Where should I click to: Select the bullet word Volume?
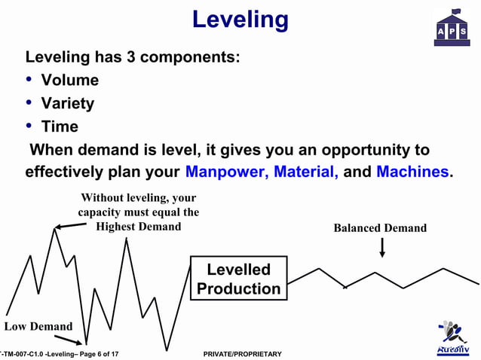point(69,80)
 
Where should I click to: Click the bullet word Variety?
point(67,103)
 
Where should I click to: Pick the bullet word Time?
point(60,127)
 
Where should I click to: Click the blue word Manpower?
point(226,172)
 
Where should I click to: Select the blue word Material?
point(305,172)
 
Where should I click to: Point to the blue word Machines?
point(412,172)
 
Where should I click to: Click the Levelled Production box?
point(238,279)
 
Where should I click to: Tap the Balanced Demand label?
point(380,228)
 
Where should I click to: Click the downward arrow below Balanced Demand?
point(382,247)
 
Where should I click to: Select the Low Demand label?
point(38,326)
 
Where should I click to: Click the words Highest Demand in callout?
point(138,226)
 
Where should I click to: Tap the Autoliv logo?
point(453,338)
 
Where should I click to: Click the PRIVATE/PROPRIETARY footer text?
point(243,354)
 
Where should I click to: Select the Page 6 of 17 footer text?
point(93,354)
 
